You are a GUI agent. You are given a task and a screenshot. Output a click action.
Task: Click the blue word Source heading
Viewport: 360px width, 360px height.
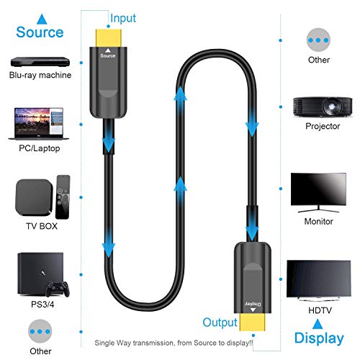click(x=40, y=32)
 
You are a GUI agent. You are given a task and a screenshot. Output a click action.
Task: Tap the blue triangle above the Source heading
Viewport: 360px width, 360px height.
click(x=42, y=19)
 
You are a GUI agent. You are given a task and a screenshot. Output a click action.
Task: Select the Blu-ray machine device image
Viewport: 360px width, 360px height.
click(x=40, y=62)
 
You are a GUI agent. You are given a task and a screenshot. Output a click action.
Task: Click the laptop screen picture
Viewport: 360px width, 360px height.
click(x=39, y=122)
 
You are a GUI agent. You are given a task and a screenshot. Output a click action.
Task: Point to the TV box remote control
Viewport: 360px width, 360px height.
click(x=63, y=197)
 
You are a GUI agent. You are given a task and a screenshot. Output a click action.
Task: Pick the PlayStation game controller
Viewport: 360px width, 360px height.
click(x=58, y=289)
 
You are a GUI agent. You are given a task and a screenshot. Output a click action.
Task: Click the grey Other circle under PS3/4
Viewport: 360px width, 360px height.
click(x=40, y=331)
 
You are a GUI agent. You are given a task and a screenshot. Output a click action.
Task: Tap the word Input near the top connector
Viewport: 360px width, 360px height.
click(x=123, y=19)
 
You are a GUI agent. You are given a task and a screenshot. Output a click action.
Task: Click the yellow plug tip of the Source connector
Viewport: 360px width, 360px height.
click(x=109, y=38)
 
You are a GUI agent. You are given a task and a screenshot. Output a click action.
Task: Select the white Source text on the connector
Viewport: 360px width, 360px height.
click(x=108, y=55)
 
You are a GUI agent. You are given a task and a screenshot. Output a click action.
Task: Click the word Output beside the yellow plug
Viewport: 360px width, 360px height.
click(x=220, y=323)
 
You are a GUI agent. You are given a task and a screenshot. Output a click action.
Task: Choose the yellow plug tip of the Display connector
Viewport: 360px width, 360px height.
click(x=253, y=323)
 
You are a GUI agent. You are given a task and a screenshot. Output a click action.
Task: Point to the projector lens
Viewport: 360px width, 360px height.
click(x=331, y=106)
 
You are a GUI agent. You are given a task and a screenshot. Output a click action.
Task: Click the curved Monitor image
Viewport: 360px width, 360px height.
click(x=318, y=193)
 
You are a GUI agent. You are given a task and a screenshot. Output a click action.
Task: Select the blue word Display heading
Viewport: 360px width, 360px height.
click(x=319, y=338)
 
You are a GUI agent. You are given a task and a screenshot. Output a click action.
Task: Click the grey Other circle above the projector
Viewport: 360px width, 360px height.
click(x=318, y=40)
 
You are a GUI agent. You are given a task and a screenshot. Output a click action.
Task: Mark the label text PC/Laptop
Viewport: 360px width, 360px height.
click(x=40, y=148)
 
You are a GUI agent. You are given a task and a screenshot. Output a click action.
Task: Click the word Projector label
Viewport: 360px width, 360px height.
click(x=323, y=126)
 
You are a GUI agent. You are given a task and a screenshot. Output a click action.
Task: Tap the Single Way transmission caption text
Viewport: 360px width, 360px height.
click(x=174, y=343)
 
